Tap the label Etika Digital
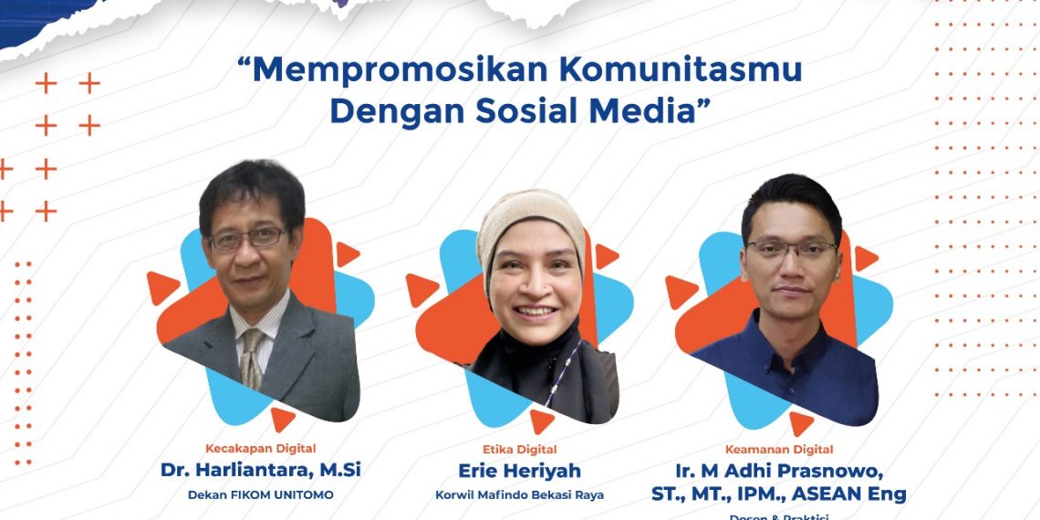click(519, 449)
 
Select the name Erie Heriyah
click(519, 471)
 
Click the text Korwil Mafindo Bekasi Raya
click(519, 495)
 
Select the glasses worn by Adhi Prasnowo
click(790, 248)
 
